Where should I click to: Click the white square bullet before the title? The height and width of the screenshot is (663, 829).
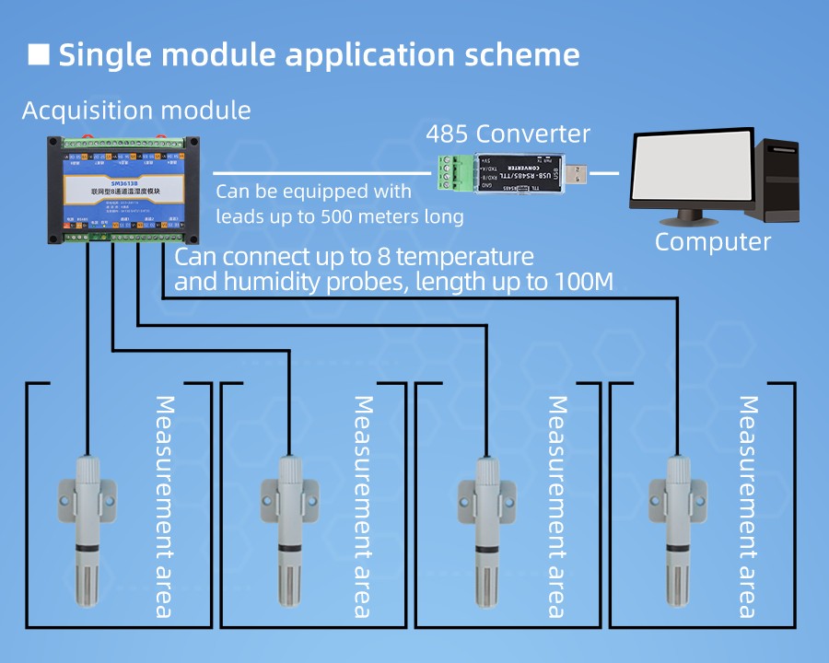point(39,53)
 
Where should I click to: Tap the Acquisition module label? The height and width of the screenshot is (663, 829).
point(136,110)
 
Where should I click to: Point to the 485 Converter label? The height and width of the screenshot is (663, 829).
point(508,134)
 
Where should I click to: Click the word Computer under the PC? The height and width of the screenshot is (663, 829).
point(712,242)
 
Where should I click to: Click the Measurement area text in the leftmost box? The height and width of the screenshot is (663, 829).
point(165,506)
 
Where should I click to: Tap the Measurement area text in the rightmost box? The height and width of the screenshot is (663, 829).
point(749,506)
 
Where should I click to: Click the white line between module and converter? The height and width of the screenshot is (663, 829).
point(322,172)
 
